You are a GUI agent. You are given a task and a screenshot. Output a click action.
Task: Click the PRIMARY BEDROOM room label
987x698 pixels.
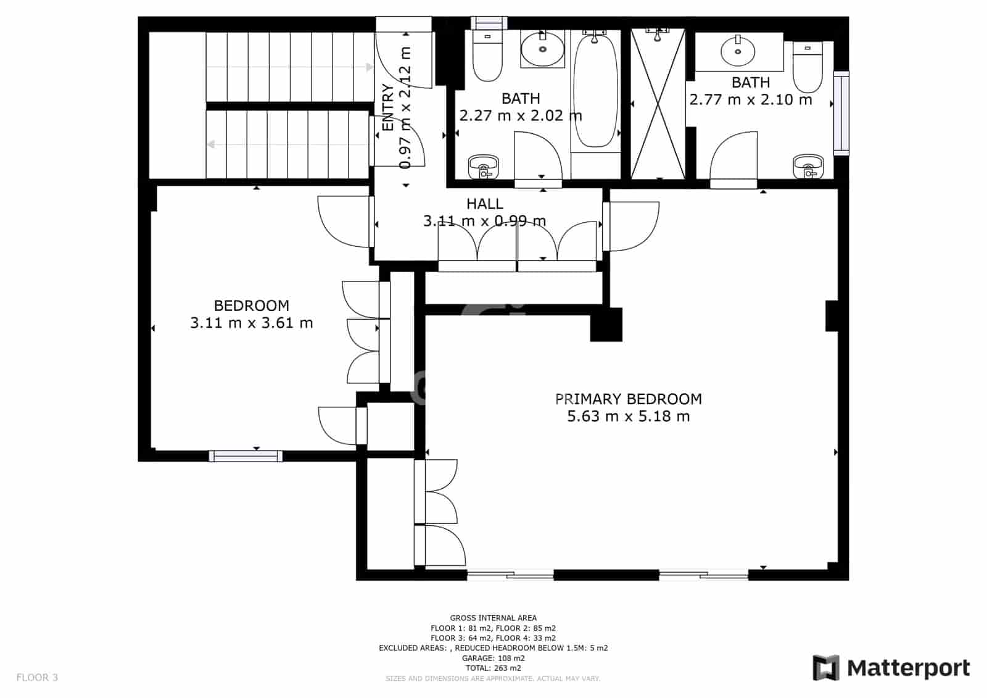coord(628,399)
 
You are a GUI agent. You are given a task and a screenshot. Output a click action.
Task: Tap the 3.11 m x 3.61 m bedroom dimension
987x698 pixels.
coord(251,323)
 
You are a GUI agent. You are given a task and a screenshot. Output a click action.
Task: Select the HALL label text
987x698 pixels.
coord(484,204)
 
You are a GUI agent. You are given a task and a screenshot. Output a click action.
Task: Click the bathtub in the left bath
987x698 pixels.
coord(595,90)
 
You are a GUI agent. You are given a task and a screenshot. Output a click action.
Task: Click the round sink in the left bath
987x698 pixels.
coord(542,49)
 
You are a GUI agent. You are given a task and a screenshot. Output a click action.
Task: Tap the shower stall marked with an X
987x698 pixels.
coord(658,104)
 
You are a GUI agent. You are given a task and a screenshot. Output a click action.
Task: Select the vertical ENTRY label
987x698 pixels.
coord(388,108)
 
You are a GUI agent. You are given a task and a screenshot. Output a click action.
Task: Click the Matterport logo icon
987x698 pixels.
coord(826,668)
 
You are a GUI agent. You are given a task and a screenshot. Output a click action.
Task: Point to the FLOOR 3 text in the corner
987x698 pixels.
coord(37,678)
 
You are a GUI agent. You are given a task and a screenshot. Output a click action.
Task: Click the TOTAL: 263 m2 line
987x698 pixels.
coord(493,668)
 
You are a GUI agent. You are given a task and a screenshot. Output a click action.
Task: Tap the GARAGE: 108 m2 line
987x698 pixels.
coord(493,658)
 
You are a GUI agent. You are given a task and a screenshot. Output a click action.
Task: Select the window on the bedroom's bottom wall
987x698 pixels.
coord(246,456)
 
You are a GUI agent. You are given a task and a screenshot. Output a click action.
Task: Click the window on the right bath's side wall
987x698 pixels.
coord(841,112)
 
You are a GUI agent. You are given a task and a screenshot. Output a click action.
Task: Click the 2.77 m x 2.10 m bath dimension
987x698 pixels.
coord(750,99)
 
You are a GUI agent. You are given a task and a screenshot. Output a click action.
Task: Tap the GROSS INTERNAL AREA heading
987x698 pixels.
coord(493,618)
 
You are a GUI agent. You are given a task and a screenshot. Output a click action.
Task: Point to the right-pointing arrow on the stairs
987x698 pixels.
coord(369,67)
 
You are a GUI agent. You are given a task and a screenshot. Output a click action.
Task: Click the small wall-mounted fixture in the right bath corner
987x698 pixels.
coord(807,165)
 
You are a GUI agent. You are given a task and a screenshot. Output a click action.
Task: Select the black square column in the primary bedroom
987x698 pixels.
coord(606,325)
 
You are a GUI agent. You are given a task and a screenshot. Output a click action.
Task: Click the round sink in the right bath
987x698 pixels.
coord(738,51)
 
